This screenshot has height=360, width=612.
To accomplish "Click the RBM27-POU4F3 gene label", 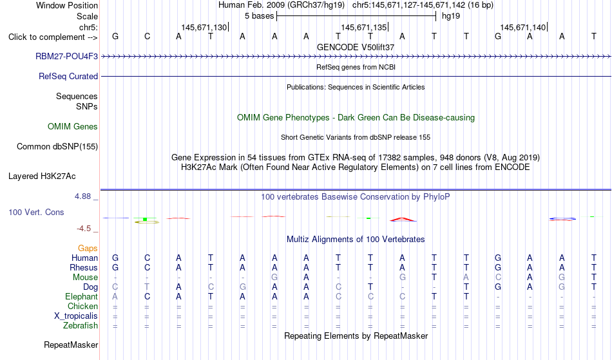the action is pyautogui.click(x=67, y=56).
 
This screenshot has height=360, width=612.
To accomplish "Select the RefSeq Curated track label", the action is pyautogui.click(x=68, y=77).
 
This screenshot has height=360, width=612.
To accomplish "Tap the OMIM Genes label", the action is pyautogui.click(x=73, y=126).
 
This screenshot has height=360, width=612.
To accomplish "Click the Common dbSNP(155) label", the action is pyautogui.click(x=57, y=147).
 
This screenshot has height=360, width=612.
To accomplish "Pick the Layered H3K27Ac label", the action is pyautogui.click(x=42, y=176).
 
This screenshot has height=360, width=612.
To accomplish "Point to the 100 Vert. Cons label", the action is pyautogui.click(x=36, y=212).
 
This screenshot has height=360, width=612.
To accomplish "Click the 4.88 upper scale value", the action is pyautogui.click(x=82, y=196).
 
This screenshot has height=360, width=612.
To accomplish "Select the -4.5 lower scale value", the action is pyautogui.click(x=84, y=229).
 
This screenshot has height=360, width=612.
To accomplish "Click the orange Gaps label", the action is pyautogui.click(x=88, y=249).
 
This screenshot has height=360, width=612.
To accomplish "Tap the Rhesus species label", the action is pyautogui.click(x=84, y=267).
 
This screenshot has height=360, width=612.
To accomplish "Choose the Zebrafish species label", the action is pyautogui.click(x=81, y=326).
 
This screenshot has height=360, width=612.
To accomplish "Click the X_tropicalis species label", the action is pyautogui.click(x=76, y=316).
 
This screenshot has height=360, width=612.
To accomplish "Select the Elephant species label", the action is pyautogui.click(x=82, y=297).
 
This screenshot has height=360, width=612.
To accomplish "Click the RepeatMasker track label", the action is pyautogui.click(x=71, y=345).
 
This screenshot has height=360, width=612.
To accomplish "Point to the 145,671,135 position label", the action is pyautogui.click(x=364, y=27).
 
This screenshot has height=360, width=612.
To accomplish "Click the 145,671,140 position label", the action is pyautogui.click(x=523, y=27).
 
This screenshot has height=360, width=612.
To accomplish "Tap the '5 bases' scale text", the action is pyautogui.click(x=259, y=16).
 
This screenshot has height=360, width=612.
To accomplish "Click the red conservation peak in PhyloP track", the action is pyautogui.click(x=403, y=220).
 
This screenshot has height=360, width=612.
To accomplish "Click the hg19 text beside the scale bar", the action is pyautogui.click(x=451, y=16).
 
